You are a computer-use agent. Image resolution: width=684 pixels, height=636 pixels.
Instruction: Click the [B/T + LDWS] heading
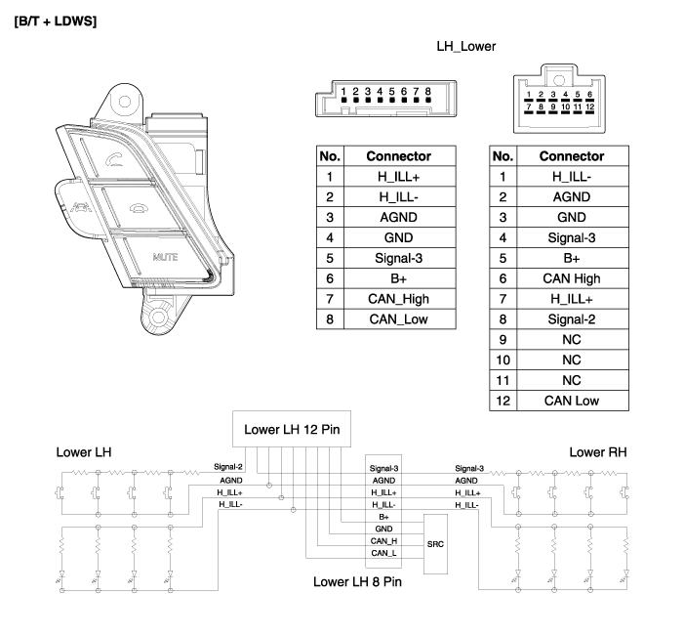pyautogui.click(x=56, y=21)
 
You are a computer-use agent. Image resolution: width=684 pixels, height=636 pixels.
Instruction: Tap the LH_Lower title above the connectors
pyautogui.click(x=466, y=46)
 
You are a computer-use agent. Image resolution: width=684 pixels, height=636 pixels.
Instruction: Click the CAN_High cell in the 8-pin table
pyautogui.click(x=397, y=299)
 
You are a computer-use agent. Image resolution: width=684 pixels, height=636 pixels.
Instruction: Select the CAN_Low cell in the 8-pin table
pyautogui.click(x=397, y=319)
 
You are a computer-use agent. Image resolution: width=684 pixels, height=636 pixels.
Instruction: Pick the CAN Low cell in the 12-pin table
pyautogui.click(x=571, y=401)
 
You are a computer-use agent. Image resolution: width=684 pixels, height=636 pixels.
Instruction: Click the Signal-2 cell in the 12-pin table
pyautogui.click(x=571, y=319)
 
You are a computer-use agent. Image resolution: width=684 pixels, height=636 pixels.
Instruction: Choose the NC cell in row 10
pyautogui.click(x=571, y=360)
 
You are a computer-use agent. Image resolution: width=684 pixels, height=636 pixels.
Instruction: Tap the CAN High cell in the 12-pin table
pyautogui.click(x=571, y=278)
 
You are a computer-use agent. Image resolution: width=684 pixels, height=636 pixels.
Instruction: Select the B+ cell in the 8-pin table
pyautogui.click(x=397, y=278)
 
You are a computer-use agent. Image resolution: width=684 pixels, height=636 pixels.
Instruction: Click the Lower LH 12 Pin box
pyautogui.click(x=291, y=429)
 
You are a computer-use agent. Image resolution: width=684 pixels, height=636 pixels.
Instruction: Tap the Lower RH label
pyautogui.click(x=597, y=452)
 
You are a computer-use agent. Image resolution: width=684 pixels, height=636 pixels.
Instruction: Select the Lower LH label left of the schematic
pyautogui.click(x=83, y=452)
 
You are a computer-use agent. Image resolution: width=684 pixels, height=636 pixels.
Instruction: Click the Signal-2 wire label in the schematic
pyautogui.click(x=227, y=467)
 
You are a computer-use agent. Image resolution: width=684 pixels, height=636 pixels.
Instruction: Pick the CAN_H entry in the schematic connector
pyautogui.click(x=383, y=540)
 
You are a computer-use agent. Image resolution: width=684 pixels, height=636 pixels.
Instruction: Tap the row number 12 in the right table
pyautogui.click(x=502, y=401)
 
